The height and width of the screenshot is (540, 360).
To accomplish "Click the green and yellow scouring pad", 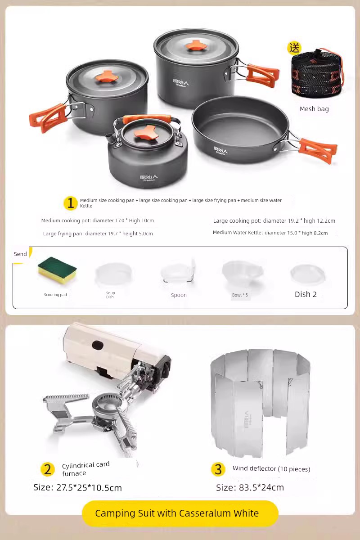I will coord(57,271).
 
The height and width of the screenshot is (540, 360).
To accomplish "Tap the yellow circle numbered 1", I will coord(70,203).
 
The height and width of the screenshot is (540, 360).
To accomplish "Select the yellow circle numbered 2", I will coord(47,469).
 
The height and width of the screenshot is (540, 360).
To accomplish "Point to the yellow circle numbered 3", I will coord(218,469).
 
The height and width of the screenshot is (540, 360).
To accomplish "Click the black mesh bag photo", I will coord(316,73).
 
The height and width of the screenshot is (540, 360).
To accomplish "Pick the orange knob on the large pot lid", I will coord(196,45).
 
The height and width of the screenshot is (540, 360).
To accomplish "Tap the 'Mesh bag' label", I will coord(314,109).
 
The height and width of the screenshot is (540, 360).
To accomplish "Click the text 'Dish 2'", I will coord(306,294).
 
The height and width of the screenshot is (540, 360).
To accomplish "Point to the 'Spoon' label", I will coord(179,295).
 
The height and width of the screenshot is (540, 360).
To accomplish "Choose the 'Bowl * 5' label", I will coord(240,295).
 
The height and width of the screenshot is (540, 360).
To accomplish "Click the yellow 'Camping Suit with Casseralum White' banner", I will coord(180,513).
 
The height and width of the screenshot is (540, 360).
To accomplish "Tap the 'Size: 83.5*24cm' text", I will coord(250,487).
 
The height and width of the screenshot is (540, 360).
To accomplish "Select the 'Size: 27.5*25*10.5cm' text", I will coord(77,487).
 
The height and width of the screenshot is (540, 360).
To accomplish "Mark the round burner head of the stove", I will coord(107,405).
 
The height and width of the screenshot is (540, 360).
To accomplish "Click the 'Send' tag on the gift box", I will coord(21,254).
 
